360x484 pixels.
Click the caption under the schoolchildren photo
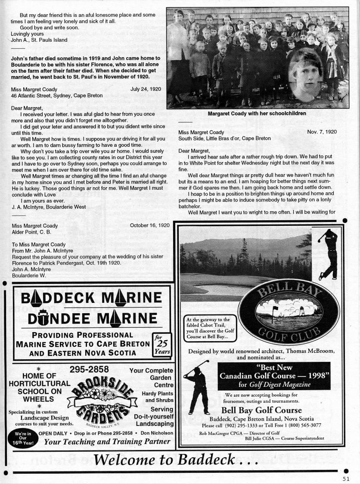pyautogui.click(x=257, y=114)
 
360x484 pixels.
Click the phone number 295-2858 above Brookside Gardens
pyautogui.click(x=89, y=369)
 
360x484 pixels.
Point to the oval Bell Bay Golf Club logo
pyautogui.click(x=281, y=313)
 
